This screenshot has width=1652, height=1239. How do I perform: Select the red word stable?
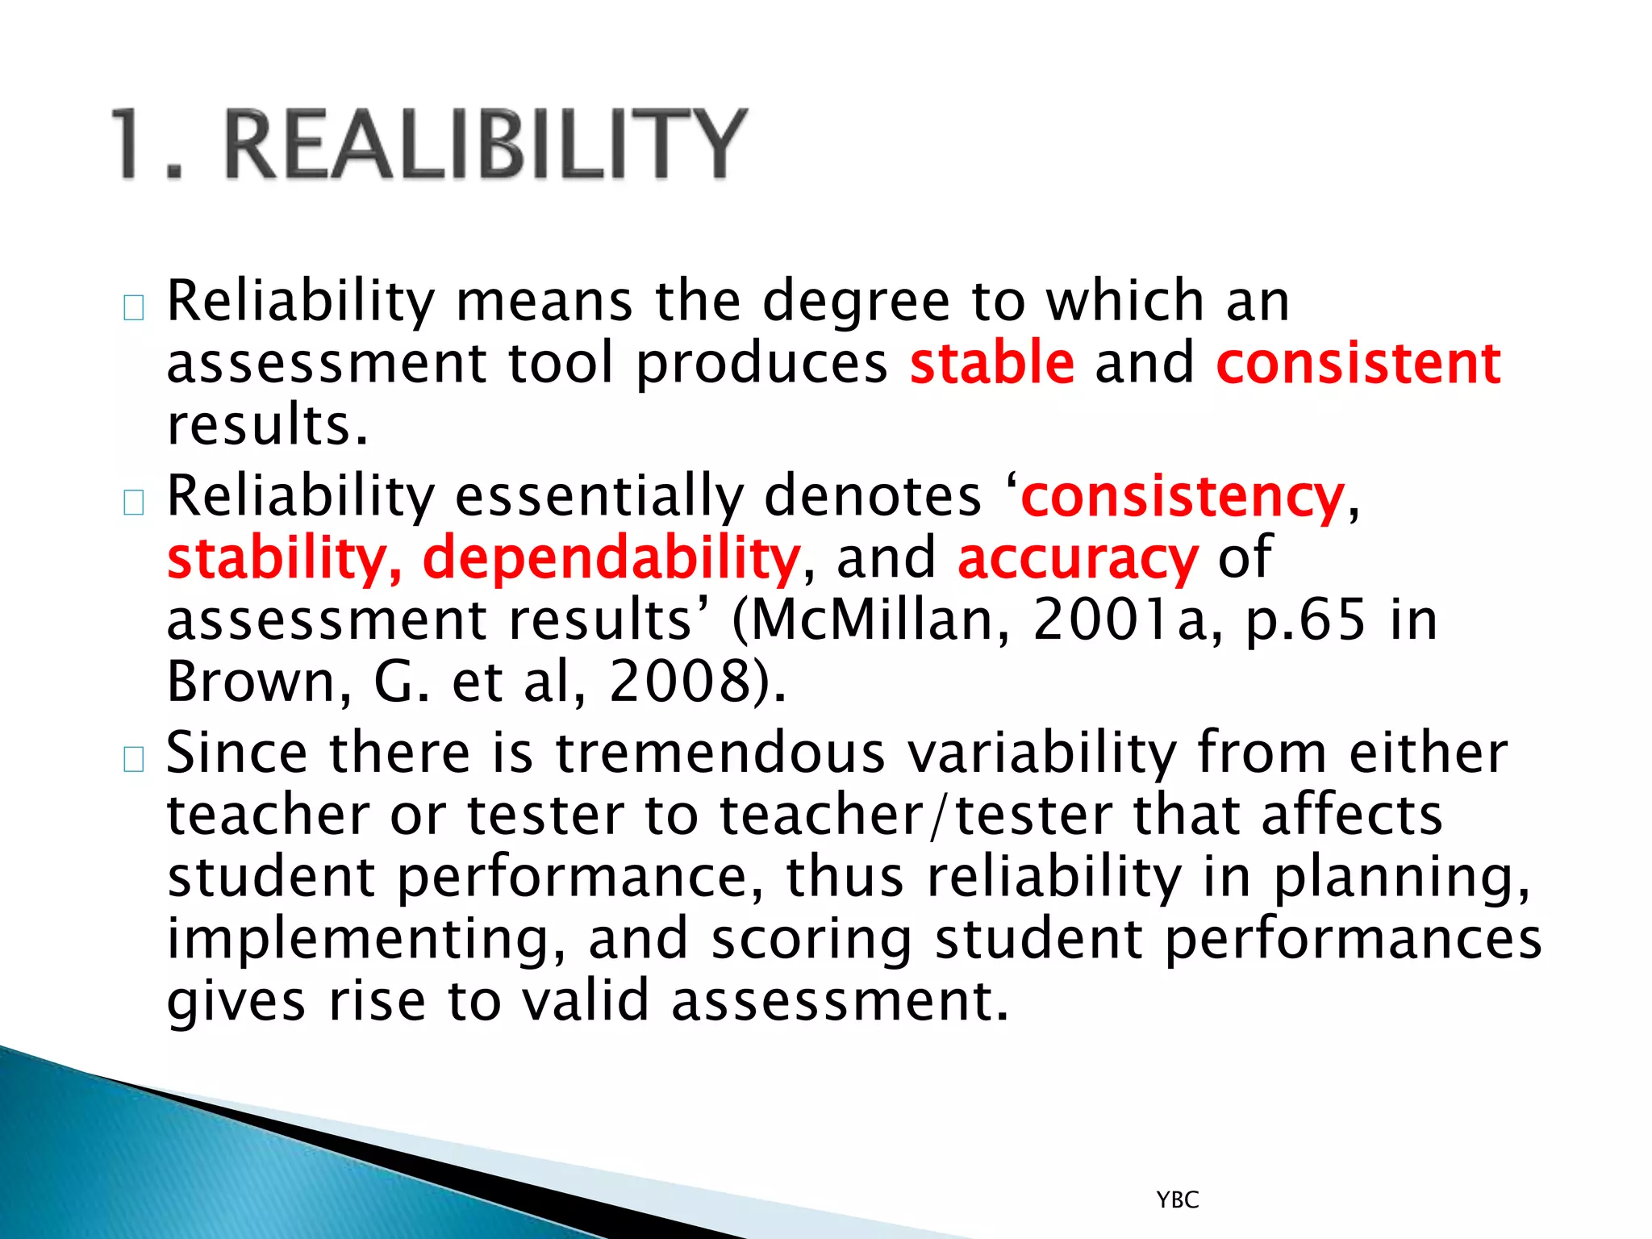coord(992,363)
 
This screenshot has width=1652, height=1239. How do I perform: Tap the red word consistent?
coord(1358,363)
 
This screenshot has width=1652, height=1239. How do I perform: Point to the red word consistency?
coord(1183,496)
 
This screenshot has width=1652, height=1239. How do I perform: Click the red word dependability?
coord(611,558)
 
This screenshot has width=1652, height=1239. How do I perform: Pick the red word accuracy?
coord(1078,558)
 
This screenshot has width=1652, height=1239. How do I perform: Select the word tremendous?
coord(720,753)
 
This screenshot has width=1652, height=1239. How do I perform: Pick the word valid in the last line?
coord(585,1000)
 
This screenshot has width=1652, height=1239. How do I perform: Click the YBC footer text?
coord(1178,1200)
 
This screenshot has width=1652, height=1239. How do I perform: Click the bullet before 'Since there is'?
coord(134,758)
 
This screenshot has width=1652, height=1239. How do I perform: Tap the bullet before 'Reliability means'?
coord(134,307)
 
